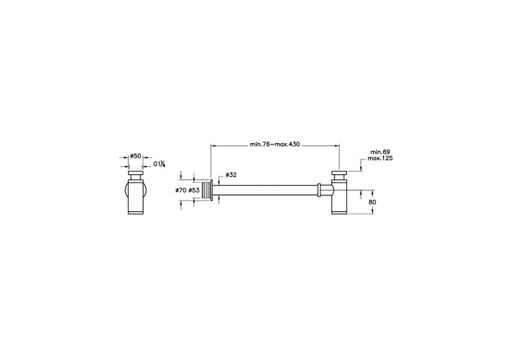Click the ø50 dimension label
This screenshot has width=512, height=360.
(x=136, y=156)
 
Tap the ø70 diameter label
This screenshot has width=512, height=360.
(x=181, y=190)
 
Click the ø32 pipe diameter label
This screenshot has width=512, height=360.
(x=231, y=175)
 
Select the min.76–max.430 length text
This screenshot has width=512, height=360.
(x=275, y=144)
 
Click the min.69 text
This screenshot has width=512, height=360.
(x=380, y=152)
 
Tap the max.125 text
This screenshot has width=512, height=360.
(x=382, y=158)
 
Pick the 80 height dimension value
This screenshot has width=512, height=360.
(x=372, y=202)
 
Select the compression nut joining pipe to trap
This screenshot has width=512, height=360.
(x=319, y=190)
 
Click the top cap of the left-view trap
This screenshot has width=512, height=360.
(x=135, y=174)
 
